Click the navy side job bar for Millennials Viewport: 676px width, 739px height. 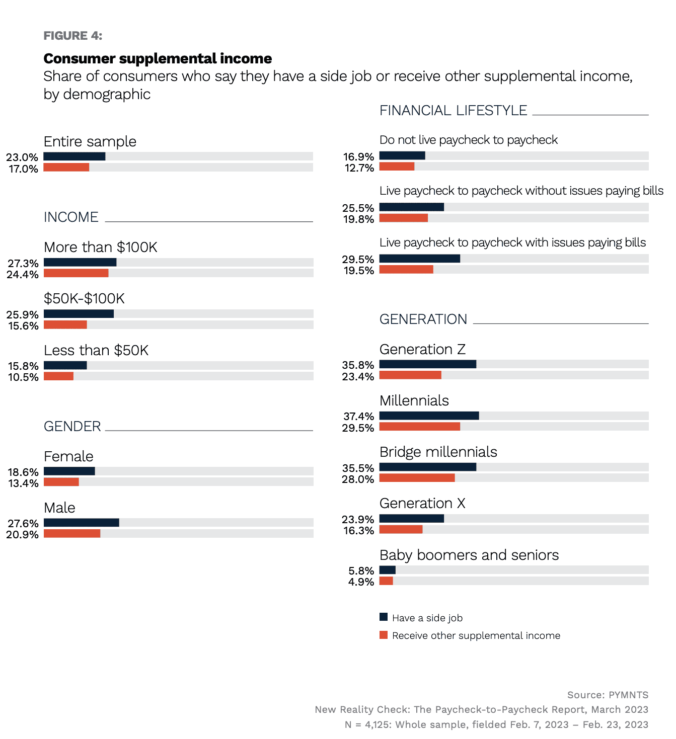coord(429,416)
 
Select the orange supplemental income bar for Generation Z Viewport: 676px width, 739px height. coord(410,375)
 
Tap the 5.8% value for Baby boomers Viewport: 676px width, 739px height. coord(361,571)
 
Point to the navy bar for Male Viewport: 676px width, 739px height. coord(81,523)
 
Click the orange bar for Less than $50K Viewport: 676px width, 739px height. coord(58,376)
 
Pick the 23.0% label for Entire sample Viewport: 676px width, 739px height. coord(22,157)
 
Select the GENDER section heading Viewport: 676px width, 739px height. coord(72,427)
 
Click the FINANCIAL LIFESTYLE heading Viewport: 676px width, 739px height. coord(453,111)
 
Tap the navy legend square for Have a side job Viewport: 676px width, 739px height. coord(384,617)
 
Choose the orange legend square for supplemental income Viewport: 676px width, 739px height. coord(384,635)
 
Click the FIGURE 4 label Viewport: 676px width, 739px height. coord(73,36)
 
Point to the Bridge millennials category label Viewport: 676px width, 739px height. coord(438,452)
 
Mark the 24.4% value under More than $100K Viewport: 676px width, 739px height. coord(23,275)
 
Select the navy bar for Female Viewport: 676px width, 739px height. coord(69,471)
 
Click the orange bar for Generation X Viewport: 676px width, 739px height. coord(401,529)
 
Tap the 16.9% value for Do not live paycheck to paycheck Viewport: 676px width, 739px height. coord(358,157)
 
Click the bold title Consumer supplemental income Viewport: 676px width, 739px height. coord(158,59)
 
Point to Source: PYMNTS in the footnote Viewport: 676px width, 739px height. coord(608,695)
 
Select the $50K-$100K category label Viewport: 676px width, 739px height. coord(84,299)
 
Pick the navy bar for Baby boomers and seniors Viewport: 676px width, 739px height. coord(387,570)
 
